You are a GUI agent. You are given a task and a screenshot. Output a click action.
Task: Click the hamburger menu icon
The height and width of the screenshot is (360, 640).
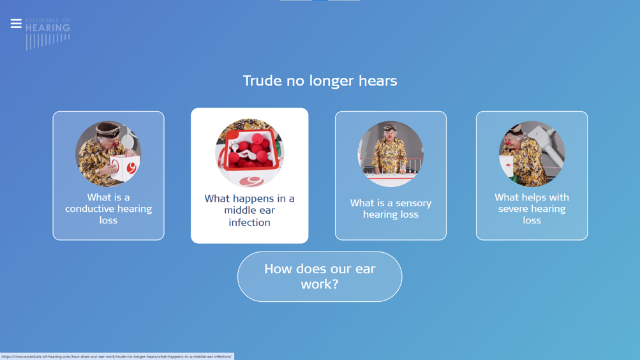pyautogui.click(x=16, y=24)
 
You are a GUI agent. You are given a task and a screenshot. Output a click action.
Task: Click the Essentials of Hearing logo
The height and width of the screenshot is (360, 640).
pyautogui.click(x=48, y=34)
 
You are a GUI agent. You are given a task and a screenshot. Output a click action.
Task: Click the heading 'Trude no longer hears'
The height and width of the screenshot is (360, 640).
pyautogui.click(x=320, y=81)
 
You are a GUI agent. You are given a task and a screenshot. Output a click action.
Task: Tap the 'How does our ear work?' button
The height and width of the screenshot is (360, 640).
pyautogui.click(x=320, y=277)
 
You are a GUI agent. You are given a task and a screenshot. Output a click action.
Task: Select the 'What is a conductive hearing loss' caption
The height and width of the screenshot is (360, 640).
pyautogui.click(x=108, y=209)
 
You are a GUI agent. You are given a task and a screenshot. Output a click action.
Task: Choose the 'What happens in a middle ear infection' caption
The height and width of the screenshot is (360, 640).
pyautogui.click(x=249, y=210)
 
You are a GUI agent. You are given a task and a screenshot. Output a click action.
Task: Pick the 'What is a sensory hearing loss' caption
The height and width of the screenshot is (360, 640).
pyautogui.click(x=391, y=209)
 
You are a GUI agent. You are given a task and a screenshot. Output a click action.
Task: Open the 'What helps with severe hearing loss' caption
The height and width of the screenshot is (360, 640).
pyautogui.click(x=532, y=209)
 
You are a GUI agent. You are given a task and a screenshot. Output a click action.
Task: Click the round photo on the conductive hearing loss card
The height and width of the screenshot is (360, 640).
pyautogui.click(x=108, y=154)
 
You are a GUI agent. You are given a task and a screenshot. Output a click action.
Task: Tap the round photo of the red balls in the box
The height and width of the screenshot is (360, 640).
pyautogui.click(x=249, y=153)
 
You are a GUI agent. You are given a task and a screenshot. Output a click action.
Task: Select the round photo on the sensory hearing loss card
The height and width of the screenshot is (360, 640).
pyautogui.click(x=391, y=154)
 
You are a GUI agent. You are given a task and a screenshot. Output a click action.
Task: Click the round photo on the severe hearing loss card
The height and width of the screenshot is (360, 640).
pyautogui.click(x=532, y=154)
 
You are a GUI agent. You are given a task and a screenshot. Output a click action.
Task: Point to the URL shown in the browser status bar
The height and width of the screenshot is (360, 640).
pyautogui.click(x=117, y=357)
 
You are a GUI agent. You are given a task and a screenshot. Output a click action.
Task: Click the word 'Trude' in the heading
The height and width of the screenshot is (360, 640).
pyautogui.click(x=262, y=81)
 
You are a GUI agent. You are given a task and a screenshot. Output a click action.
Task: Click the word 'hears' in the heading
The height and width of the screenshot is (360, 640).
pyautogui.click(x=378, y=81)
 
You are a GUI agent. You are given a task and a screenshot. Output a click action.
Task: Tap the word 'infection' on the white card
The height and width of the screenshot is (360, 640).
pyautogui.click(x=249, y=223)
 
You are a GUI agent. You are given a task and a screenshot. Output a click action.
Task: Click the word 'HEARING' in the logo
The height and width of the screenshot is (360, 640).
pyautogui.click(x=48, y=27)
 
